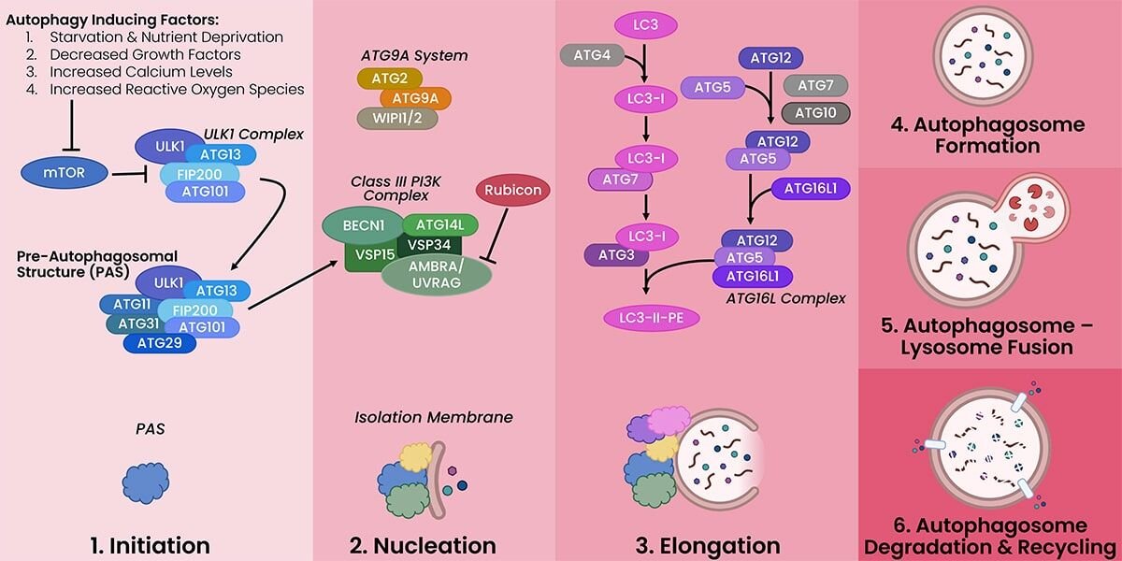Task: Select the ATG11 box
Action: point(132,303)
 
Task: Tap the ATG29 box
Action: point(159,343)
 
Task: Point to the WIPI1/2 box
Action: point(397,119)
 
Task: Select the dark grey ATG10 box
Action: point(815,113)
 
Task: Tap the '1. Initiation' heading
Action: point(156,544)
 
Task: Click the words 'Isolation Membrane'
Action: point(433,417)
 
